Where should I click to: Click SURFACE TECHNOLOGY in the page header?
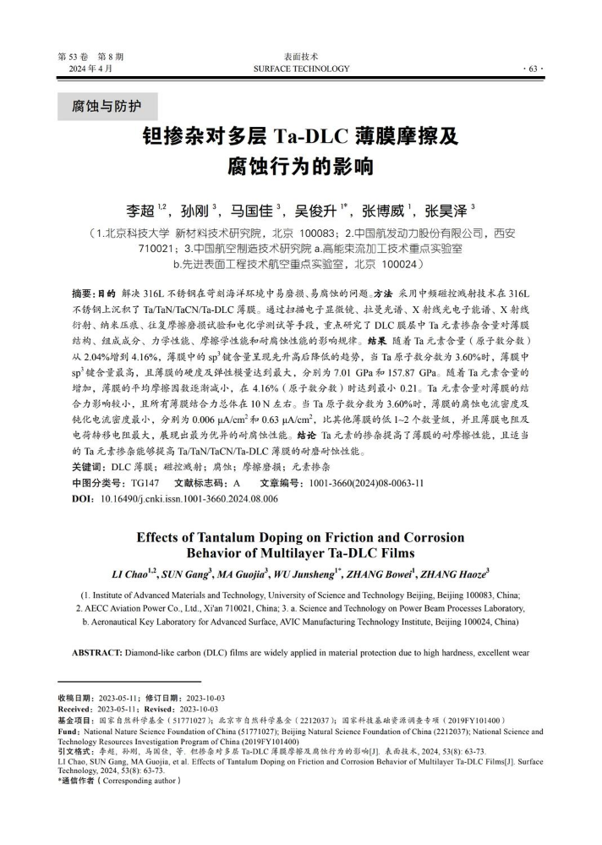tap(300, 69)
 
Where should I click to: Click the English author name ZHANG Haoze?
tap(455, 574)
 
